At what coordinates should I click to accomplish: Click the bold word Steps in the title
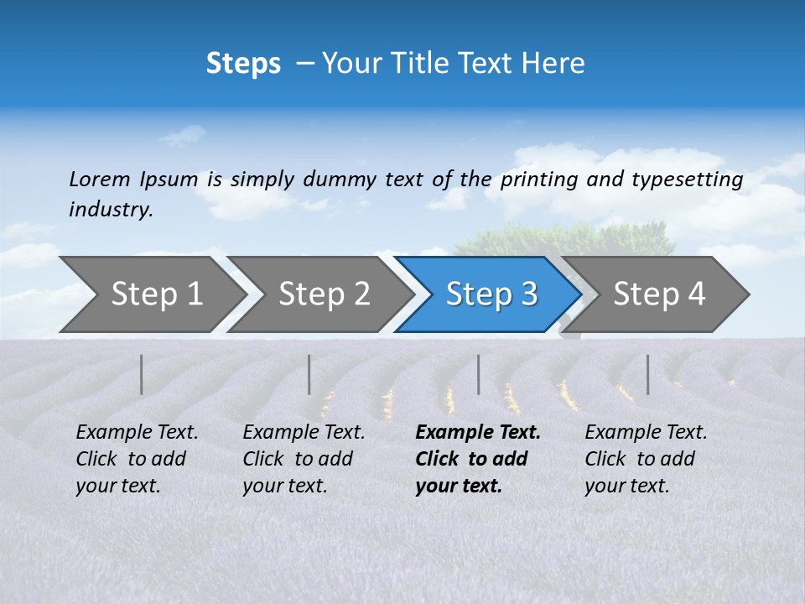[x=243, y=64]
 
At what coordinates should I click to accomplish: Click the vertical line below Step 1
[x=142, y=374]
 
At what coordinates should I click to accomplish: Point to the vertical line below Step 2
[x=309, y=374]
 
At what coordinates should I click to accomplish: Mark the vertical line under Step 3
[x=479, y=374]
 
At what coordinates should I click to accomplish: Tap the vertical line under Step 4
[x=648, y=374]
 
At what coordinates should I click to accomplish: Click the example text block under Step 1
[x=137, y=458]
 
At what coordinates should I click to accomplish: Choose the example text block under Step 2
[x=304, y=458]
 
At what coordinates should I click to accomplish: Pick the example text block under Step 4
[x=646, y=458]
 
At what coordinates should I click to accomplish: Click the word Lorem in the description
[x=100, y=179]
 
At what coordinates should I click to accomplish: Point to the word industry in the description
[x=111, y=210]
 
